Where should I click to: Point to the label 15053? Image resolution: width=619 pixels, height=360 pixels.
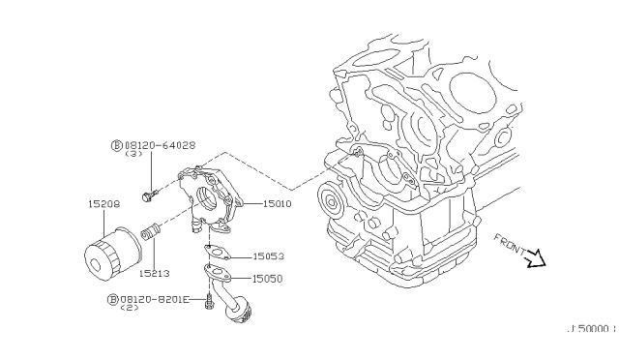269,256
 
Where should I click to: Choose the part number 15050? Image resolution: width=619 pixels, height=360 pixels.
269,279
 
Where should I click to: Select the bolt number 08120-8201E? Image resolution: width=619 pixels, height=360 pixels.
155,300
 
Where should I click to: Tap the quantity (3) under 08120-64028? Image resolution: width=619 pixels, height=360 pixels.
134,155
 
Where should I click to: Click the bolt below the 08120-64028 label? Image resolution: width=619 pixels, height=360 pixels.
148,197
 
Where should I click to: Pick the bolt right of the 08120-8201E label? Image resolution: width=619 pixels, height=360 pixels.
209,306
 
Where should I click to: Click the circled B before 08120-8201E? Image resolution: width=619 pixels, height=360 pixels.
114,300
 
